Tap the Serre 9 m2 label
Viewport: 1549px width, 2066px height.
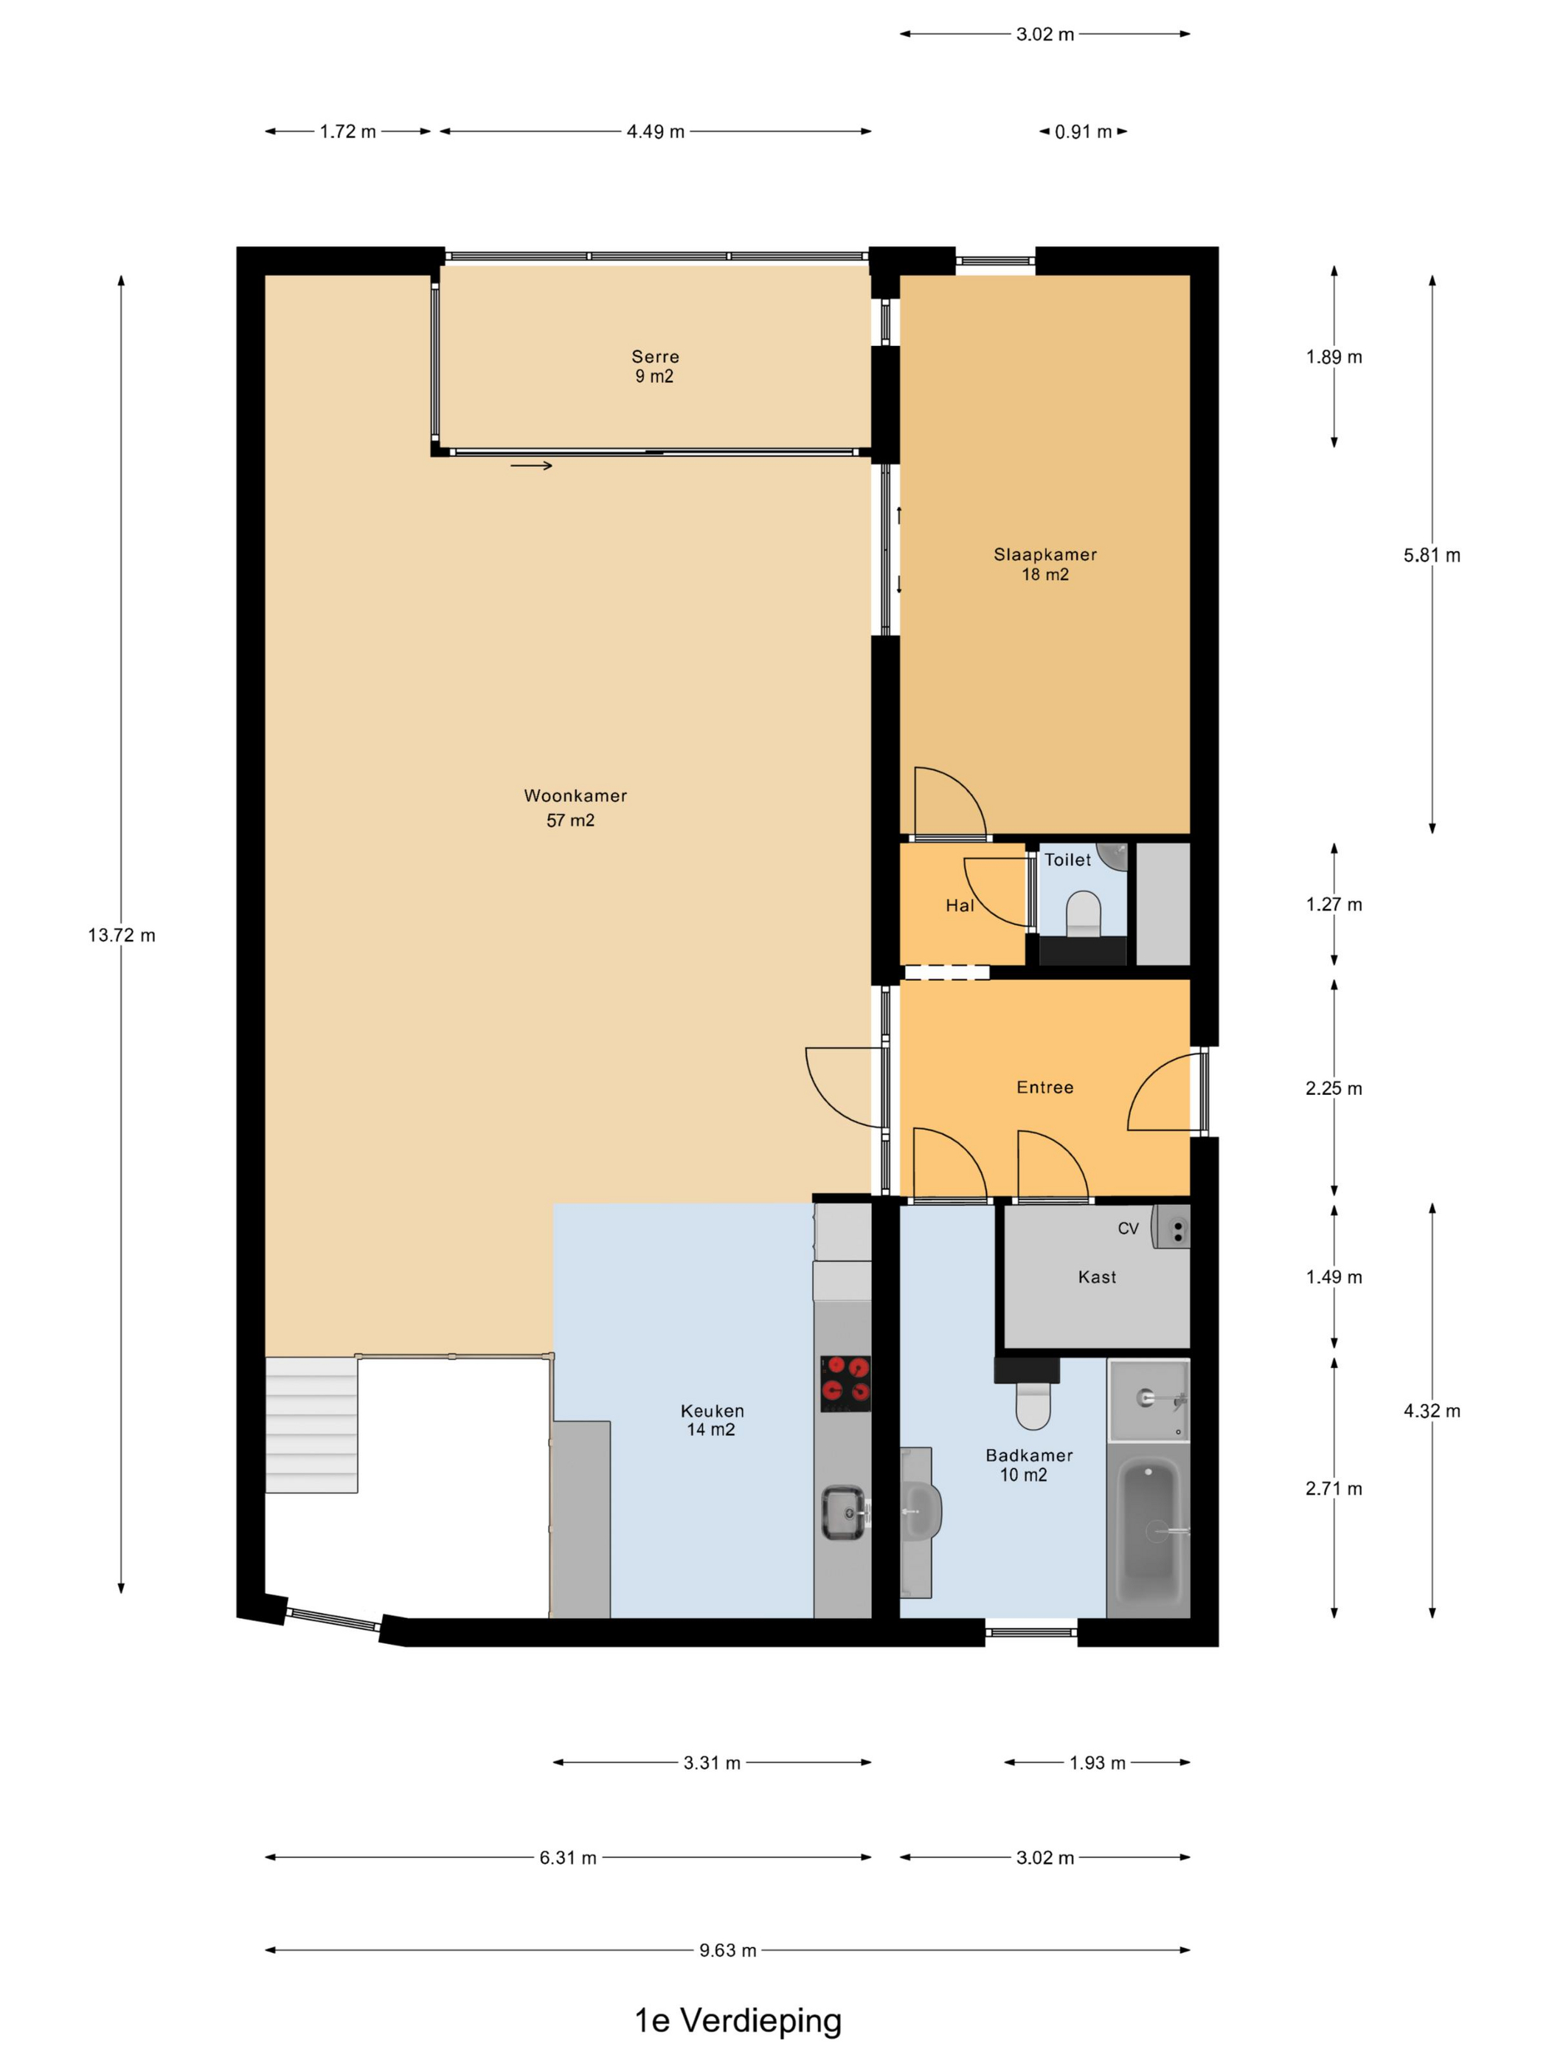tap(654, 366)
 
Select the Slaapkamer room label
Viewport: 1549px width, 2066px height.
tap(1044, 564)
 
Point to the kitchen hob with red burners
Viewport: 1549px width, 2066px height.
tap(845, 1383)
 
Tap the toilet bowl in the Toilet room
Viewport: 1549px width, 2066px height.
tap(1083, 913)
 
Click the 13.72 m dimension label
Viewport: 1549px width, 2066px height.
tap(122, 935)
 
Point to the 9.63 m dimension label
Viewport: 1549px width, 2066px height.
tap(728, 1950)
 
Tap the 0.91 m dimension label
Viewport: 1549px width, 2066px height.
tap(1083, 131)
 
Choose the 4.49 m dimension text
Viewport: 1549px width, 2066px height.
tap(656, 131)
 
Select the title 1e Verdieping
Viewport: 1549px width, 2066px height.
tap(738, 2020)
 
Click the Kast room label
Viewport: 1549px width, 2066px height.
tap(1097, 1276)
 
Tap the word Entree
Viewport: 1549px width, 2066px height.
tap(1044, 1087)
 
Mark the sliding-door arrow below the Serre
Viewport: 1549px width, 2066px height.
tap(531, 465)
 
